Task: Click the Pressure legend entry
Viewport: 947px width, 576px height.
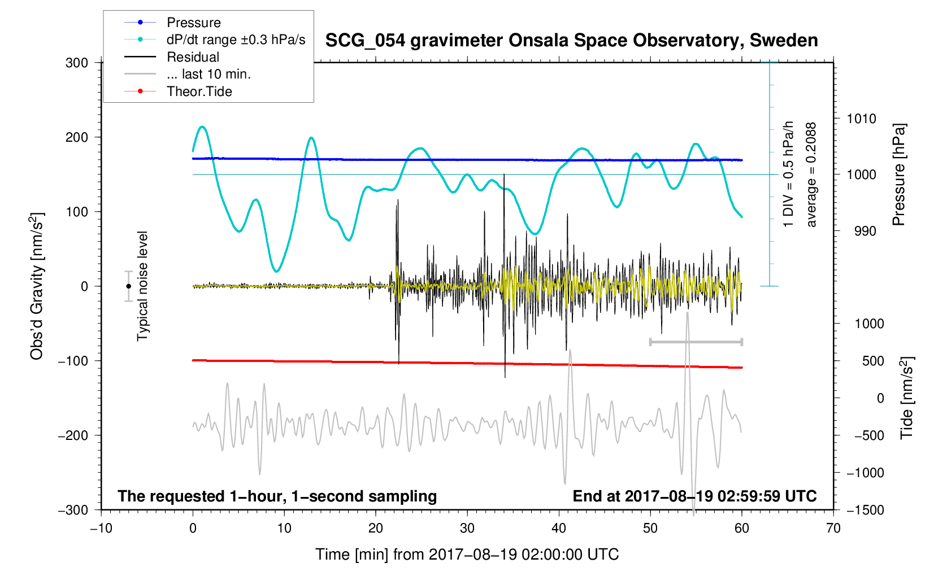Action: pos(193,23)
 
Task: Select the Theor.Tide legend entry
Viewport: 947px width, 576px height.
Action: pos(199,91)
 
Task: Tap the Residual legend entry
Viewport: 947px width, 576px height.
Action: pos(193,57)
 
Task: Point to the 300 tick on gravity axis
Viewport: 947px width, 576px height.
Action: pos(77,63)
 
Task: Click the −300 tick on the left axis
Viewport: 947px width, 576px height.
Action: pos(73,510)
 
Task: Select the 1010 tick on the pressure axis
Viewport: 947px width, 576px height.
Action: pos(861,119)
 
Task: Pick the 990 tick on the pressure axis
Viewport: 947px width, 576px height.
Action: pos(861,231)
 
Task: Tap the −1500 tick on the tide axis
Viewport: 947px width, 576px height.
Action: pos(865,510)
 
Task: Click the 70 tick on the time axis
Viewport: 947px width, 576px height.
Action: pos(833,529)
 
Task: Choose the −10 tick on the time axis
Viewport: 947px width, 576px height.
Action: pos(101,529)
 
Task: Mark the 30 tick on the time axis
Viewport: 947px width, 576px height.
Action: pos(467,529)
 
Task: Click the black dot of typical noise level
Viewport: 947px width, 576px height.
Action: pos(129,286)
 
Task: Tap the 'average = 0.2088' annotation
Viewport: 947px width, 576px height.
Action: pos(811,175)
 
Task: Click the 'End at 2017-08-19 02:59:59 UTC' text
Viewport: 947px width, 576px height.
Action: pos(694,496)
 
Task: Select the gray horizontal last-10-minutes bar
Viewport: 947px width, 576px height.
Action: pos(696,342)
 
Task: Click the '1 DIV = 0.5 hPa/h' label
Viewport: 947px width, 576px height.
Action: pos(789,174)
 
